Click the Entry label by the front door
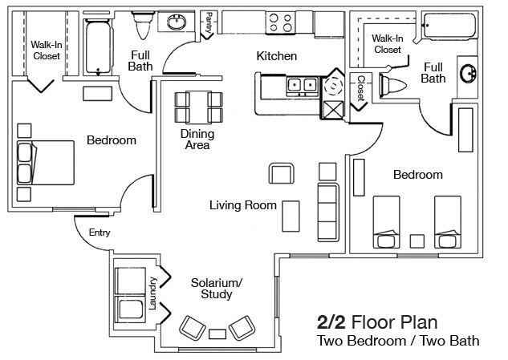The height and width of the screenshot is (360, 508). pos(100,233)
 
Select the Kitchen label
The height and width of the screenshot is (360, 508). pos(276,56)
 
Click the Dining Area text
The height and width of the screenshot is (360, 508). pos(196,140)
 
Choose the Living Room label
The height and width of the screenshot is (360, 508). pos(242,205)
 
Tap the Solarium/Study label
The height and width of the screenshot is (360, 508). pos(217,289)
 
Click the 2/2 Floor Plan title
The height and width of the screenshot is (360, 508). pos(377,322)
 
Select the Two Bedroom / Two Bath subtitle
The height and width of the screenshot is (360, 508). pos(398,342)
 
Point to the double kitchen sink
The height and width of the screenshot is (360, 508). pos(300,83)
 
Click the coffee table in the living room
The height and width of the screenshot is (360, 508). pos(291,216)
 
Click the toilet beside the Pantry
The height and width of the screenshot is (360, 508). pos(144,26)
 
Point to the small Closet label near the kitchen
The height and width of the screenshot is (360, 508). pos(360,89)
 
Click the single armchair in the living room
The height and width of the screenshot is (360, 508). pos(281,174)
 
